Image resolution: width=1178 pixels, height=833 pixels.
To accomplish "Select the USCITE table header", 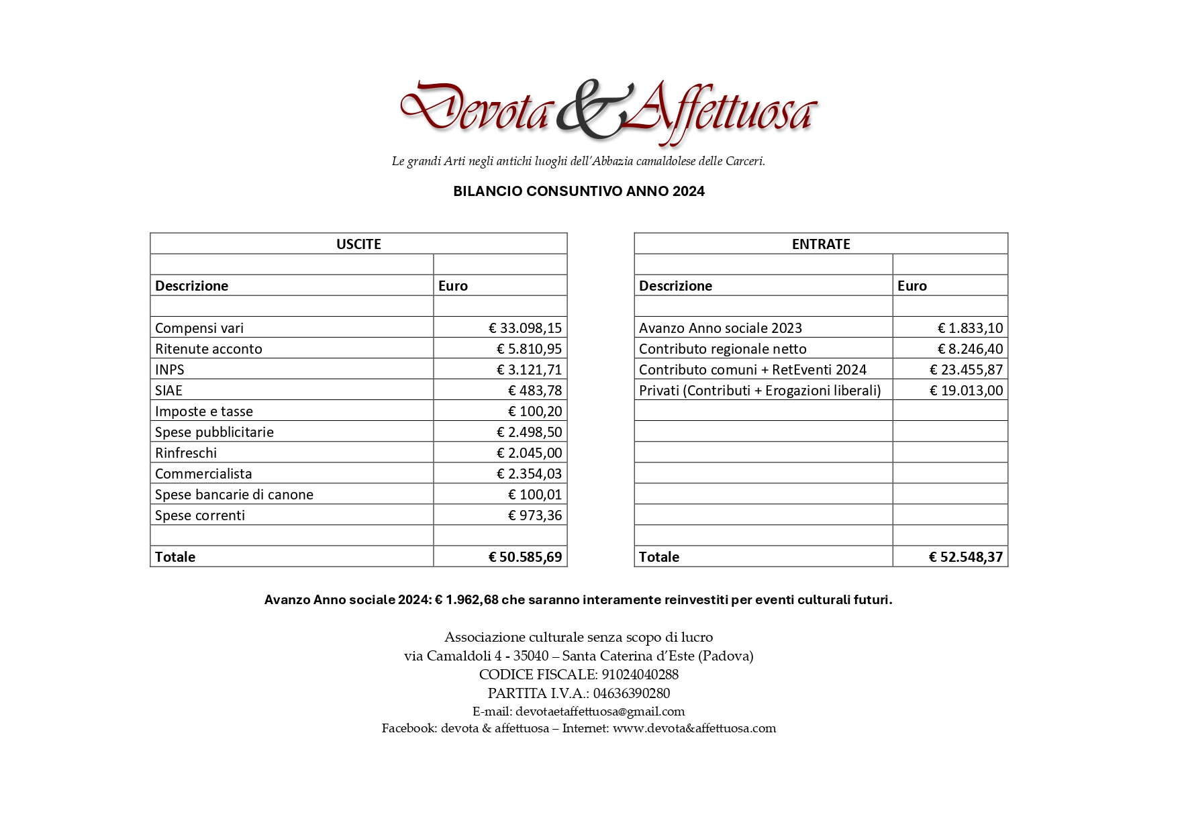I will coord(358,244).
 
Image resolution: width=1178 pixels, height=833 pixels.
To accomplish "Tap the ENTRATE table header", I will coord(820,244).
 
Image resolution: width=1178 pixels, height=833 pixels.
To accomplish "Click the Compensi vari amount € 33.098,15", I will coord(525,328).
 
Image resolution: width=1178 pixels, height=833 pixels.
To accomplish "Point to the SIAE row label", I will coord(168,390).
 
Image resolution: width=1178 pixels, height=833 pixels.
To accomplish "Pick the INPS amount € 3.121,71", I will coord(529,369).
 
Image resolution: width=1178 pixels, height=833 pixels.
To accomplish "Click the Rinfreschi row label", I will coord(186,452).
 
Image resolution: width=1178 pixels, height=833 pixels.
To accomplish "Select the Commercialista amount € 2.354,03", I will coord(529,473).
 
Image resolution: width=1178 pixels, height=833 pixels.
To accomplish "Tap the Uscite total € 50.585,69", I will coord(525,556).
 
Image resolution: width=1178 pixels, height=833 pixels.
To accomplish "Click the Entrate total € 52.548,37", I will coord(965,556).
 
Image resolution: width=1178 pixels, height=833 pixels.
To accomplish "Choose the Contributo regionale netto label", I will coord(722,348).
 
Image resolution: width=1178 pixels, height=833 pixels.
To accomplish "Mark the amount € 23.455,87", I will coord(966,369).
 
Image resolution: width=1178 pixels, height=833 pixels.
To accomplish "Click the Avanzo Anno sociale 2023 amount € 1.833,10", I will coord(970,328).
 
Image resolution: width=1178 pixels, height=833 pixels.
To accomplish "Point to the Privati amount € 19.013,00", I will coord(966,390).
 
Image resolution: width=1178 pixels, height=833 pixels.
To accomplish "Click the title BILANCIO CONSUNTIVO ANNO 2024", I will coord(579,191).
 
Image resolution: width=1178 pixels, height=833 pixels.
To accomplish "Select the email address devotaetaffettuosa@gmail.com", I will coord(600,712).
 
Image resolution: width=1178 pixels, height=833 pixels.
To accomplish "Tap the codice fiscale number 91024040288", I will coord(640,675).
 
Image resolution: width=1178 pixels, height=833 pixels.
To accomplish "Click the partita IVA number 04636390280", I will coord(631,693).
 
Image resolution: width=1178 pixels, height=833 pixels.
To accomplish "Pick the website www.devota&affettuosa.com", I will coord(694,728).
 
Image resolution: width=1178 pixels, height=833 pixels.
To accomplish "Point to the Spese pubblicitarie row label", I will coord(214,432).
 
